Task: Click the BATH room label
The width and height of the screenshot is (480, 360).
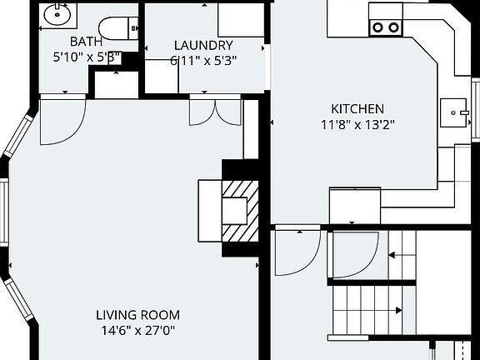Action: (x=86, y=42)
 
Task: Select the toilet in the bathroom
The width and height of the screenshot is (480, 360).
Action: (x=116, y=28)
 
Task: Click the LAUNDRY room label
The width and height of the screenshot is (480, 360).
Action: (x=203, y=45)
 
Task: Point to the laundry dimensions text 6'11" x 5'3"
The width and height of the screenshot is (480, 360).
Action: (x=202, y=60)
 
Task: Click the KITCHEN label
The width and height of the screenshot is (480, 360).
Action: (x=357, y=109)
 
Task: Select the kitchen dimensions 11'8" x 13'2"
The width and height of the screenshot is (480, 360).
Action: (x=357, y=125)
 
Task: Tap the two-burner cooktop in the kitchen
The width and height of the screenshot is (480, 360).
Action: (x=385, y=27)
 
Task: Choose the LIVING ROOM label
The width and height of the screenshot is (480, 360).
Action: (x=137, y=315)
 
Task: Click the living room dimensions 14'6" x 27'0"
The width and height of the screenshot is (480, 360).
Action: (x=137, y=330)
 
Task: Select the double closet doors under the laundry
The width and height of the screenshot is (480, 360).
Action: (x=216, y=111)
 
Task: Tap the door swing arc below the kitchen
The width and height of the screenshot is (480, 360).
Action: (x=297, y=252)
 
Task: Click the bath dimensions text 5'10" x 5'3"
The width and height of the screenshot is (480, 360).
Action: (x=86, y=57)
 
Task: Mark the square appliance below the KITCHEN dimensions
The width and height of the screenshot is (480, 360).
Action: (x=355, y=205)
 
